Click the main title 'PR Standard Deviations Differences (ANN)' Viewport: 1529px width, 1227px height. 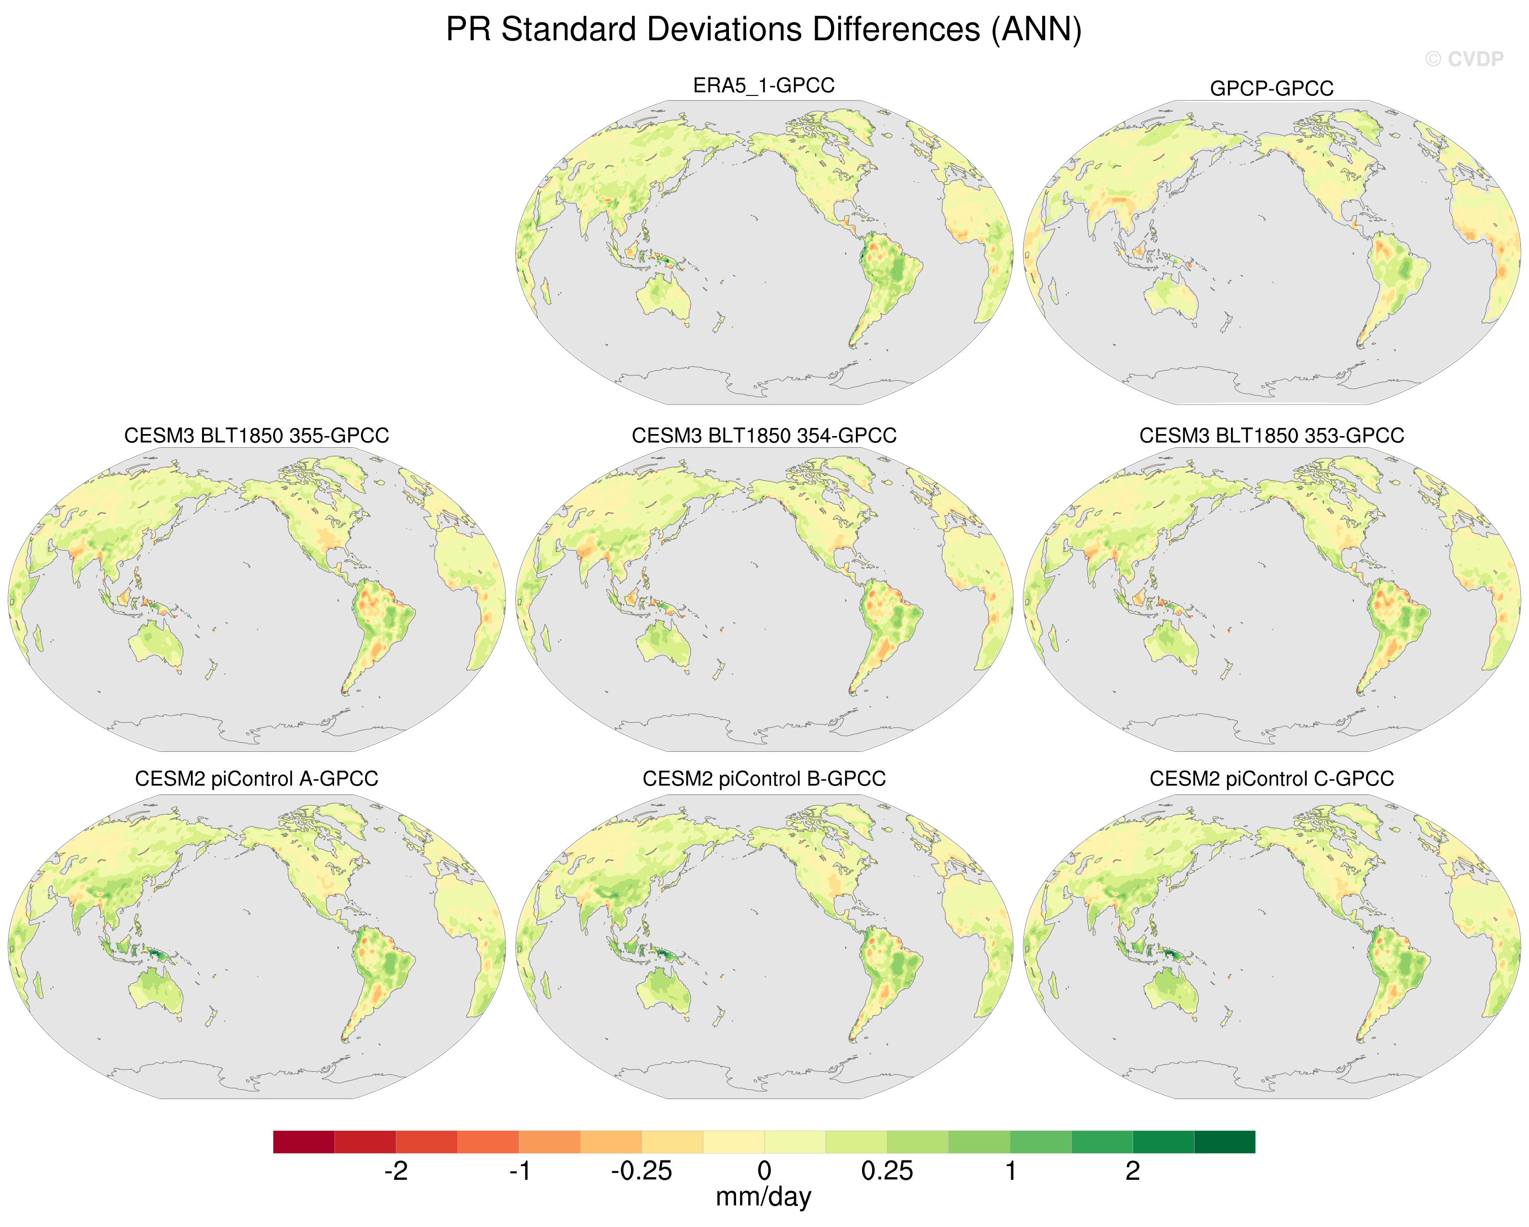[764, 30]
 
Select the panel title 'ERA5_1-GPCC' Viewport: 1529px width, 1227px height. [764, 85]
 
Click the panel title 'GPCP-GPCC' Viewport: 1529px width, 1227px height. [1272, 89]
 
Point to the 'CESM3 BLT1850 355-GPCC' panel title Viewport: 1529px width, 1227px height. [257, 436]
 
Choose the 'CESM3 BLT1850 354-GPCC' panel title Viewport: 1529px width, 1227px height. [764, 436]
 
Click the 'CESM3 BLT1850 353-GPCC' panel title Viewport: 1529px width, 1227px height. [1272, 436]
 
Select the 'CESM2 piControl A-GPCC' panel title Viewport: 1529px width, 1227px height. [257, 779]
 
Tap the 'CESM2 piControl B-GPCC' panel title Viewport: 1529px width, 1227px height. [764, 779]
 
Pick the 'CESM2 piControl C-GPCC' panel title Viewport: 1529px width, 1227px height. [1272, 779]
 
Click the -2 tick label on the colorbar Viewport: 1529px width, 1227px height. [396, 1171]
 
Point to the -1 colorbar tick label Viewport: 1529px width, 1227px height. [520, 1171]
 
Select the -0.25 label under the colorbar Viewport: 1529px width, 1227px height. [641, 1171]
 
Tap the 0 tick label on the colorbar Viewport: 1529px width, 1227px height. [764, 1171]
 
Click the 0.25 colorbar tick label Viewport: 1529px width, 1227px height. [887, 1171]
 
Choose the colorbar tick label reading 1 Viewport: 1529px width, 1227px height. [1011, 1171]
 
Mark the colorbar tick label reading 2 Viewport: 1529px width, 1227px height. [1133, 1171]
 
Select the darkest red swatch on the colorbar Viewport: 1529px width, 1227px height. [304, 1142]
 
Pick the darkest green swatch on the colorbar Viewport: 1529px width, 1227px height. [1225, 1142]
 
